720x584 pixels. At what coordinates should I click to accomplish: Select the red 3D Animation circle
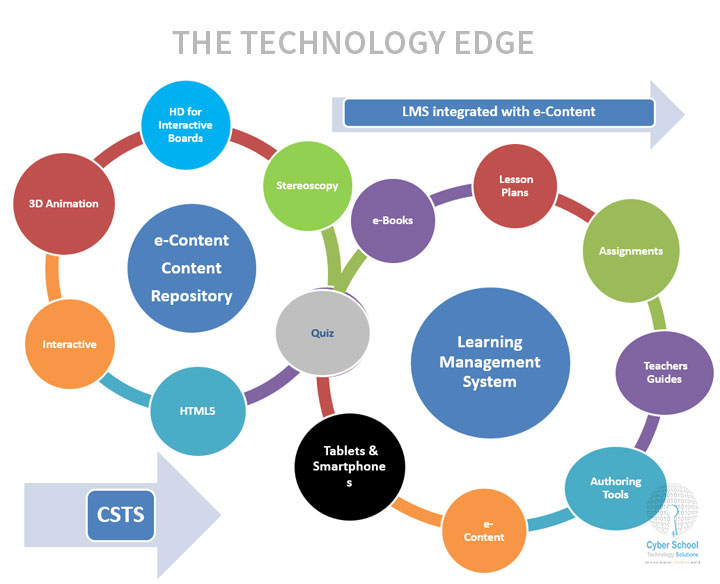click(57, 204)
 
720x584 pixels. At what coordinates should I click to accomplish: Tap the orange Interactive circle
click(69, 344)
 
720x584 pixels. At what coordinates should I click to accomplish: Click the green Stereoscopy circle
click(307, 185)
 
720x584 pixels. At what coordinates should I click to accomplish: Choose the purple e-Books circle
click(392, 220)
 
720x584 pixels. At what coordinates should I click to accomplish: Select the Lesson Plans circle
click(516, 186)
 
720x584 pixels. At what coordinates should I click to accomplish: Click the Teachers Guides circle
click(664, 373)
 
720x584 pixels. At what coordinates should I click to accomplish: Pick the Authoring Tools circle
click(615, 488)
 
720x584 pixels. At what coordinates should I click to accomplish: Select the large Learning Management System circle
click(490, 360)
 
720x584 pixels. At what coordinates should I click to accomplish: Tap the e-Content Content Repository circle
click(192, 268)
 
